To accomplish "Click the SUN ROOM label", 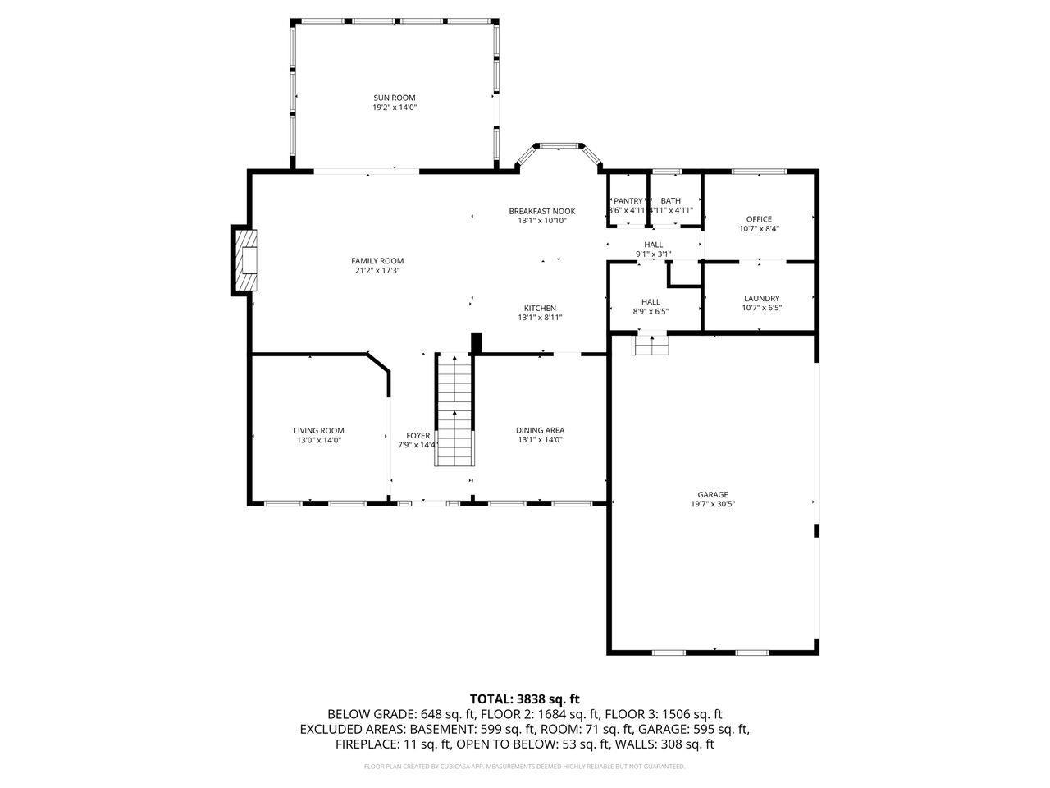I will coord(395,98).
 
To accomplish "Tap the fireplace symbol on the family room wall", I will coord(245,260).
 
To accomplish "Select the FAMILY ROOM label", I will coord(377,261).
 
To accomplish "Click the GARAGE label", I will coord(713,495).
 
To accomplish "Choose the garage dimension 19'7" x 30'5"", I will coord(713,505).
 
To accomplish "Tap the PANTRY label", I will coord(628,201).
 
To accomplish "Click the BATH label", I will coord(671,201).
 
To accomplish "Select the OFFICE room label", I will coord(759,219).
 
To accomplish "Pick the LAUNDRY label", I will coord(761,299).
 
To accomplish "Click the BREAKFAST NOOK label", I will coord(541,211).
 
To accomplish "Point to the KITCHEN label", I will coord(540,309).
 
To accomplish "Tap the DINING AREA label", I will coord(540,430).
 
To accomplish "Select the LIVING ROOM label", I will coord(319,430).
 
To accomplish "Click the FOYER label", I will coord(418,436).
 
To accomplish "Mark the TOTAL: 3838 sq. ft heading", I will coord(524,699).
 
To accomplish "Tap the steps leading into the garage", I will coord(651,345).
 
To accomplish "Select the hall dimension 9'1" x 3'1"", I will coord(654,254).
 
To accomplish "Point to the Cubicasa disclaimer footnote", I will coord(524,767).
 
